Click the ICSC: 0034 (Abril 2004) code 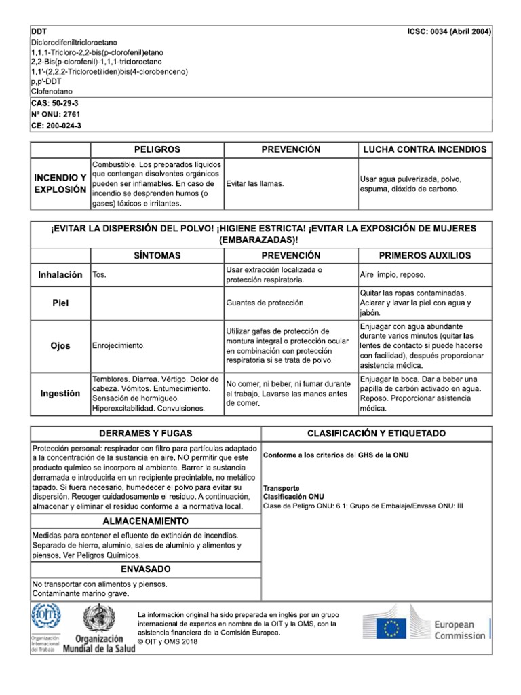click(x=449, y=31)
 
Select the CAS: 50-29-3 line click(x=55, y=102)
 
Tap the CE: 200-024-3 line click(x=56, y=126)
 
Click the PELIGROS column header click(x=157, y=149)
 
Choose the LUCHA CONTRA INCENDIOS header click(x=425, y=149)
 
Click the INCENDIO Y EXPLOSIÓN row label click(x=60, y=183)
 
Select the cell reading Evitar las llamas click(x=254, y=184)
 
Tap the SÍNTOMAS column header click(x=157, y=255)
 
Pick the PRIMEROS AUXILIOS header click(x=425, y=255)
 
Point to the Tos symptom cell click(x=99, y=275)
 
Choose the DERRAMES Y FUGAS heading click(x=145, y=433)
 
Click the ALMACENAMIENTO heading click(x=145, y=521)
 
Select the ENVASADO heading click(x=145, y=569)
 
